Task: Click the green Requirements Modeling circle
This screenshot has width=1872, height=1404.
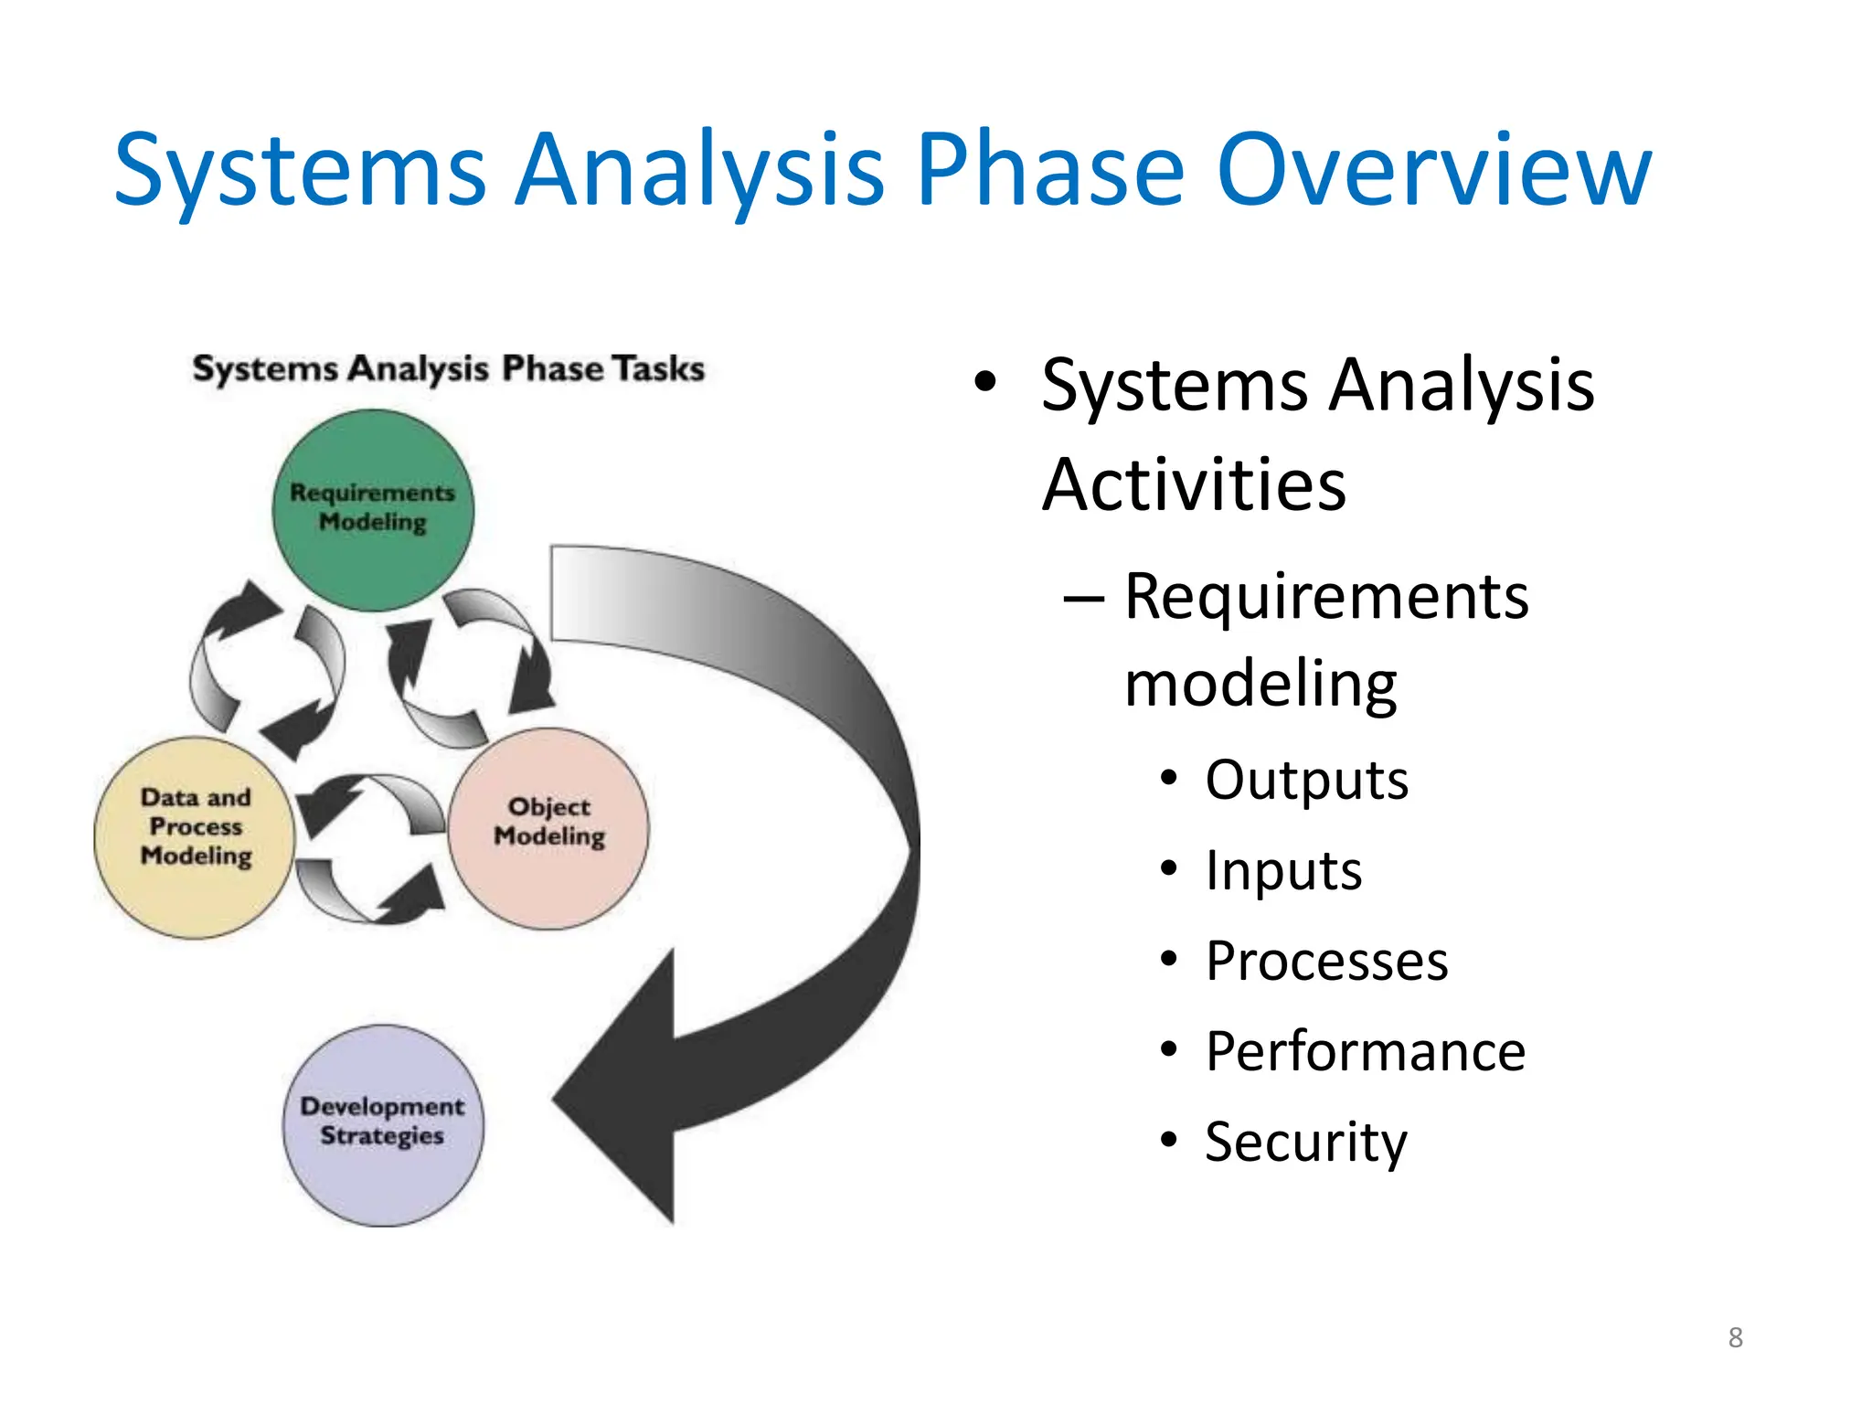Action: coord(373,510)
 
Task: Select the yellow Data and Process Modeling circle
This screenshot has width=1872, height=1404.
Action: coord(195,837)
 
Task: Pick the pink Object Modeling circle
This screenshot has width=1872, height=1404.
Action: coord(548,828)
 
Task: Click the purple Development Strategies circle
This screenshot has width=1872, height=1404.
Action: coord(383,1125)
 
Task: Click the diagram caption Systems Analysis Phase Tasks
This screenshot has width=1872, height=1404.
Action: coord(448,368)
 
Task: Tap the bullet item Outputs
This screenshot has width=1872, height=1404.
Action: coord(1306,781)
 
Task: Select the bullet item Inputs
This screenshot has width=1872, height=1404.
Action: coord(1283,870)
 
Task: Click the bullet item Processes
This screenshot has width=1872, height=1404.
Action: coord(1326,961)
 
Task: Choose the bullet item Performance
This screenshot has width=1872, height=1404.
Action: coord(1365,1051)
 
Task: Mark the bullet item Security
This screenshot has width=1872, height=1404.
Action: coord(1305,1142)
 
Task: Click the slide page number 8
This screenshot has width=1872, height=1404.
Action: coord(1735,1337)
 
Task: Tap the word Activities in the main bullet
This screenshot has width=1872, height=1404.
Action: coord(1194,484)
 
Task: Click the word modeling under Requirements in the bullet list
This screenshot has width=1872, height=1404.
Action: coord(1260,684)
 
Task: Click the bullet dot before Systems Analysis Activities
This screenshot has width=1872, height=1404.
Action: coord(984,382)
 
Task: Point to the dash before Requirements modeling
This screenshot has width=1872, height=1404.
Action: coord(1084,599)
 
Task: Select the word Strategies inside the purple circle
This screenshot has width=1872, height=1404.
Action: coord(382,1136)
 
